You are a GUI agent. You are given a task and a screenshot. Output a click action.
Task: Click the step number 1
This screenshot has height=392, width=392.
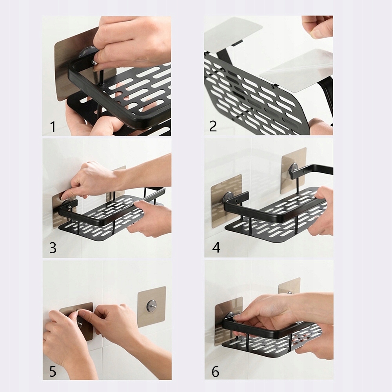tap(53, 127)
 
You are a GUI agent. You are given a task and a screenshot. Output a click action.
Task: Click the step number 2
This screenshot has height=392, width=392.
tap(213, 126)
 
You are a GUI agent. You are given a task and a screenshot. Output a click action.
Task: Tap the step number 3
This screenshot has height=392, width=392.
tap(53, 248)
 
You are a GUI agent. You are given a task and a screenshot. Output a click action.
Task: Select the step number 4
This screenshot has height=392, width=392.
tap(215, 248)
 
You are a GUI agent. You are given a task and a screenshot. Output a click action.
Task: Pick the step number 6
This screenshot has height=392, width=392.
tap(215, 371)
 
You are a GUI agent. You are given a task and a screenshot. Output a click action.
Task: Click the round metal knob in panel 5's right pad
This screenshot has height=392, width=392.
tap(151, 305)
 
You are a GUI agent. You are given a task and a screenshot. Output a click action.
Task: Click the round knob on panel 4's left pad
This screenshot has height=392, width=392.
tap(228, 197)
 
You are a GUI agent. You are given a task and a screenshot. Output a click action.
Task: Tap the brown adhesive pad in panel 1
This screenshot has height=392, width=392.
tap(63, 71)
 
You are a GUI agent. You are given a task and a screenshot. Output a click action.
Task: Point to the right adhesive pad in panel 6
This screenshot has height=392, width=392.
tap(289, 285)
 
